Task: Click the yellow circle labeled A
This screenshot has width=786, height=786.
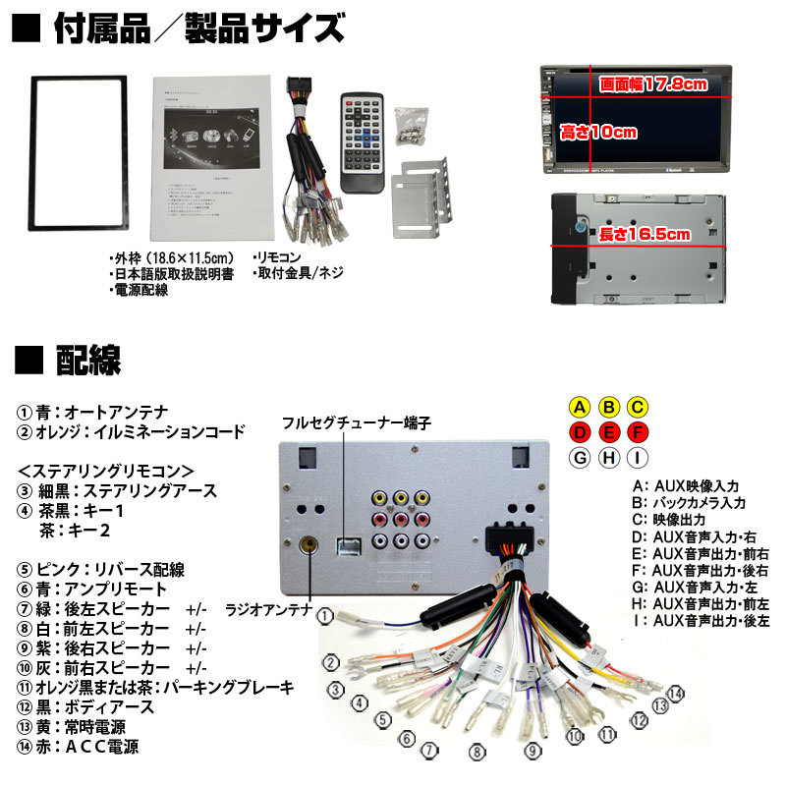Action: pyautogui.click(x=581, y=407)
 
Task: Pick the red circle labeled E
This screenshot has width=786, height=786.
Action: pyautogui.click(x=609, y=432)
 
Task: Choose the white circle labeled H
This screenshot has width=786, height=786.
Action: pyautogui.click(x=609, y=457)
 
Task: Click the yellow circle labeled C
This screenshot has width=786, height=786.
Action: pyautogui.click(x=638, y=407)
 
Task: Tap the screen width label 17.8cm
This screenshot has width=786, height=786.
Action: pyautogui.click(x=652, y=84)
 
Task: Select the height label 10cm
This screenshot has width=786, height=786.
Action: pyautogui.click(x=598, y=131)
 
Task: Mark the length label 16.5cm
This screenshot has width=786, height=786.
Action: pyautogui.click(x=645, y=234)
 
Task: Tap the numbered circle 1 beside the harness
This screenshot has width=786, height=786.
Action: pyautogui.click(x=324, y=617)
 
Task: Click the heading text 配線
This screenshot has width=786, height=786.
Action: pyautogui.click(x=88, y=360)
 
